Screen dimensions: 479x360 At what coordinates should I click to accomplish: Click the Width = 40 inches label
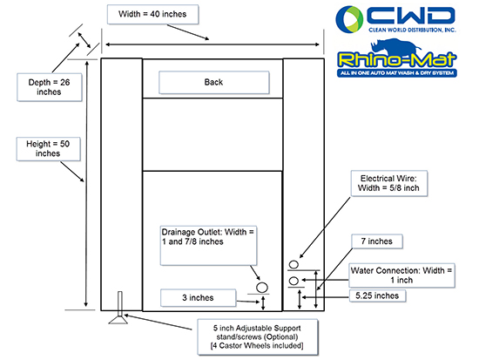(152, 14)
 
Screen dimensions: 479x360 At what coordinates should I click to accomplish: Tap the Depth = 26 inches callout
(49, 87)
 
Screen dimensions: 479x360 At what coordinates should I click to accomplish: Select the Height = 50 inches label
(48, 149)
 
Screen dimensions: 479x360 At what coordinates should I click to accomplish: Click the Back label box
(214, 82)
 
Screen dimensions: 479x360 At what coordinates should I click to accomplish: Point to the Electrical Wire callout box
(388, 183)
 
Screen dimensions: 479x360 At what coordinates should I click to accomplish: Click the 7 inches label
(376, 241)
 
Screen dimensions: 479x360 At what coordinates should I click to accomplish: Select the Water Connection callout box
(401, 275)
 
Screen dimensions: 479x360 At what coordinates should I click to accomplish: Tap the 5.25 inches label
(377, 295)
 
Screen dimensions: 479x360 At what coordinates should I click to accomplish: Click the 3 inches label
(198, 297)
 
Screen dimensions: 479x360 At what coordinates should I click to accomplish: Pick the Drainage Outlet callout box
(208, 246)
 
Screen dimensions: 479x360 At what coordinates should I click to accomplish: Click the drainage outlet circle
(262, 288)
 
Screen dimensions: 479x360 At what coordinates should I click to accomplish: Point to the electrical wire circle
(293, 265)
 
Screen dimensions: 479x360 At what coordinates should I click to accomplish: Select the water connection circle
(293, 281)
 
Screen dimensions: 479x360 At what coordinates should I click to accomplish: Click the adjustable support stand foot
(118, 320)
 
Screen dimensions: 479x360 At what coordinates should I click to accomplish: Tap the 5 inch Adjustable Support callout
(257, 337)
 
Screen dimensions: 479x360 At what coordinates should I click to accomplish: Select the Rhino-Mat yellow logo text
(397, 59)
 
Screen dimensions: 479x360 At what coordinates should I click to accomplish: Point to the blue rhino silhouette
(396, 46)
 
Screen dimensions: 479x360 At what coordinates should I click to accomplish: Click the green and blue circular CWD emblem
(349, 18)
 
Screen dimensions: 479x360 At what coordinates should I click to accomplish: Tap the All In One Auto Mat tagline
(397, 73)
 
